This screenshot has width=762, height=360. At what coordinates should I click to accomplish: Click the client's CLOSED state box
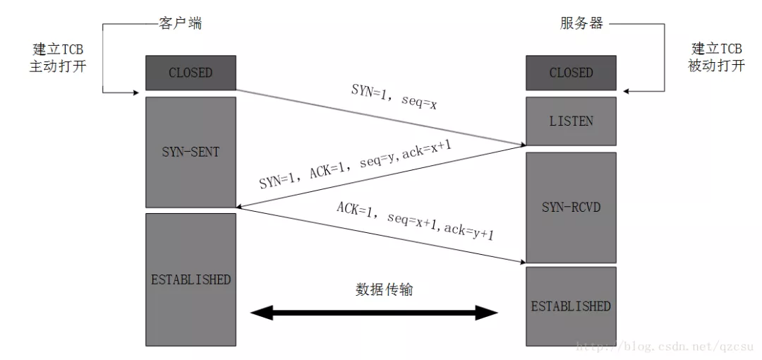[190, 73]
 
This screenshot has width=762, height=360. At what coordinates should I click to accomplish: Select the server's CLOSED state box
[571, 73]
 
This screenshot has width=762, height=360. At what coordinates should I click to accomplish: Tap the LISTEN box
[571, 121]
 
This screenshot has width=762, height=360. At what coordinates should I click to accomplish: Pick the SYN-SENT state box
[190, 152]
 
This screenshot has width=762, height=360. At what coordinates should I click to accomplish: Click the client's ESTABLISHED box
[190, 280]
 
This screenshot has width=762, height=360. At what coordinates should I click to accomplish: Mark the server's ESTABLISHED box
[571, 306]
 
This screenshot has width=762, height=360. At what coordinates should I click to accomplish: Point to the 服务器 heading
[582, 23]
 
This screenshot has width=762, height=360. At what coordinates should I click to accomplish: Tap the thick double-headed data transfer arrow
[375, 312]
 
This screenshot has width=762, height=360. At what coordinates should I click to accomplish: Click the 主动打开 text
[57, 66]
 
